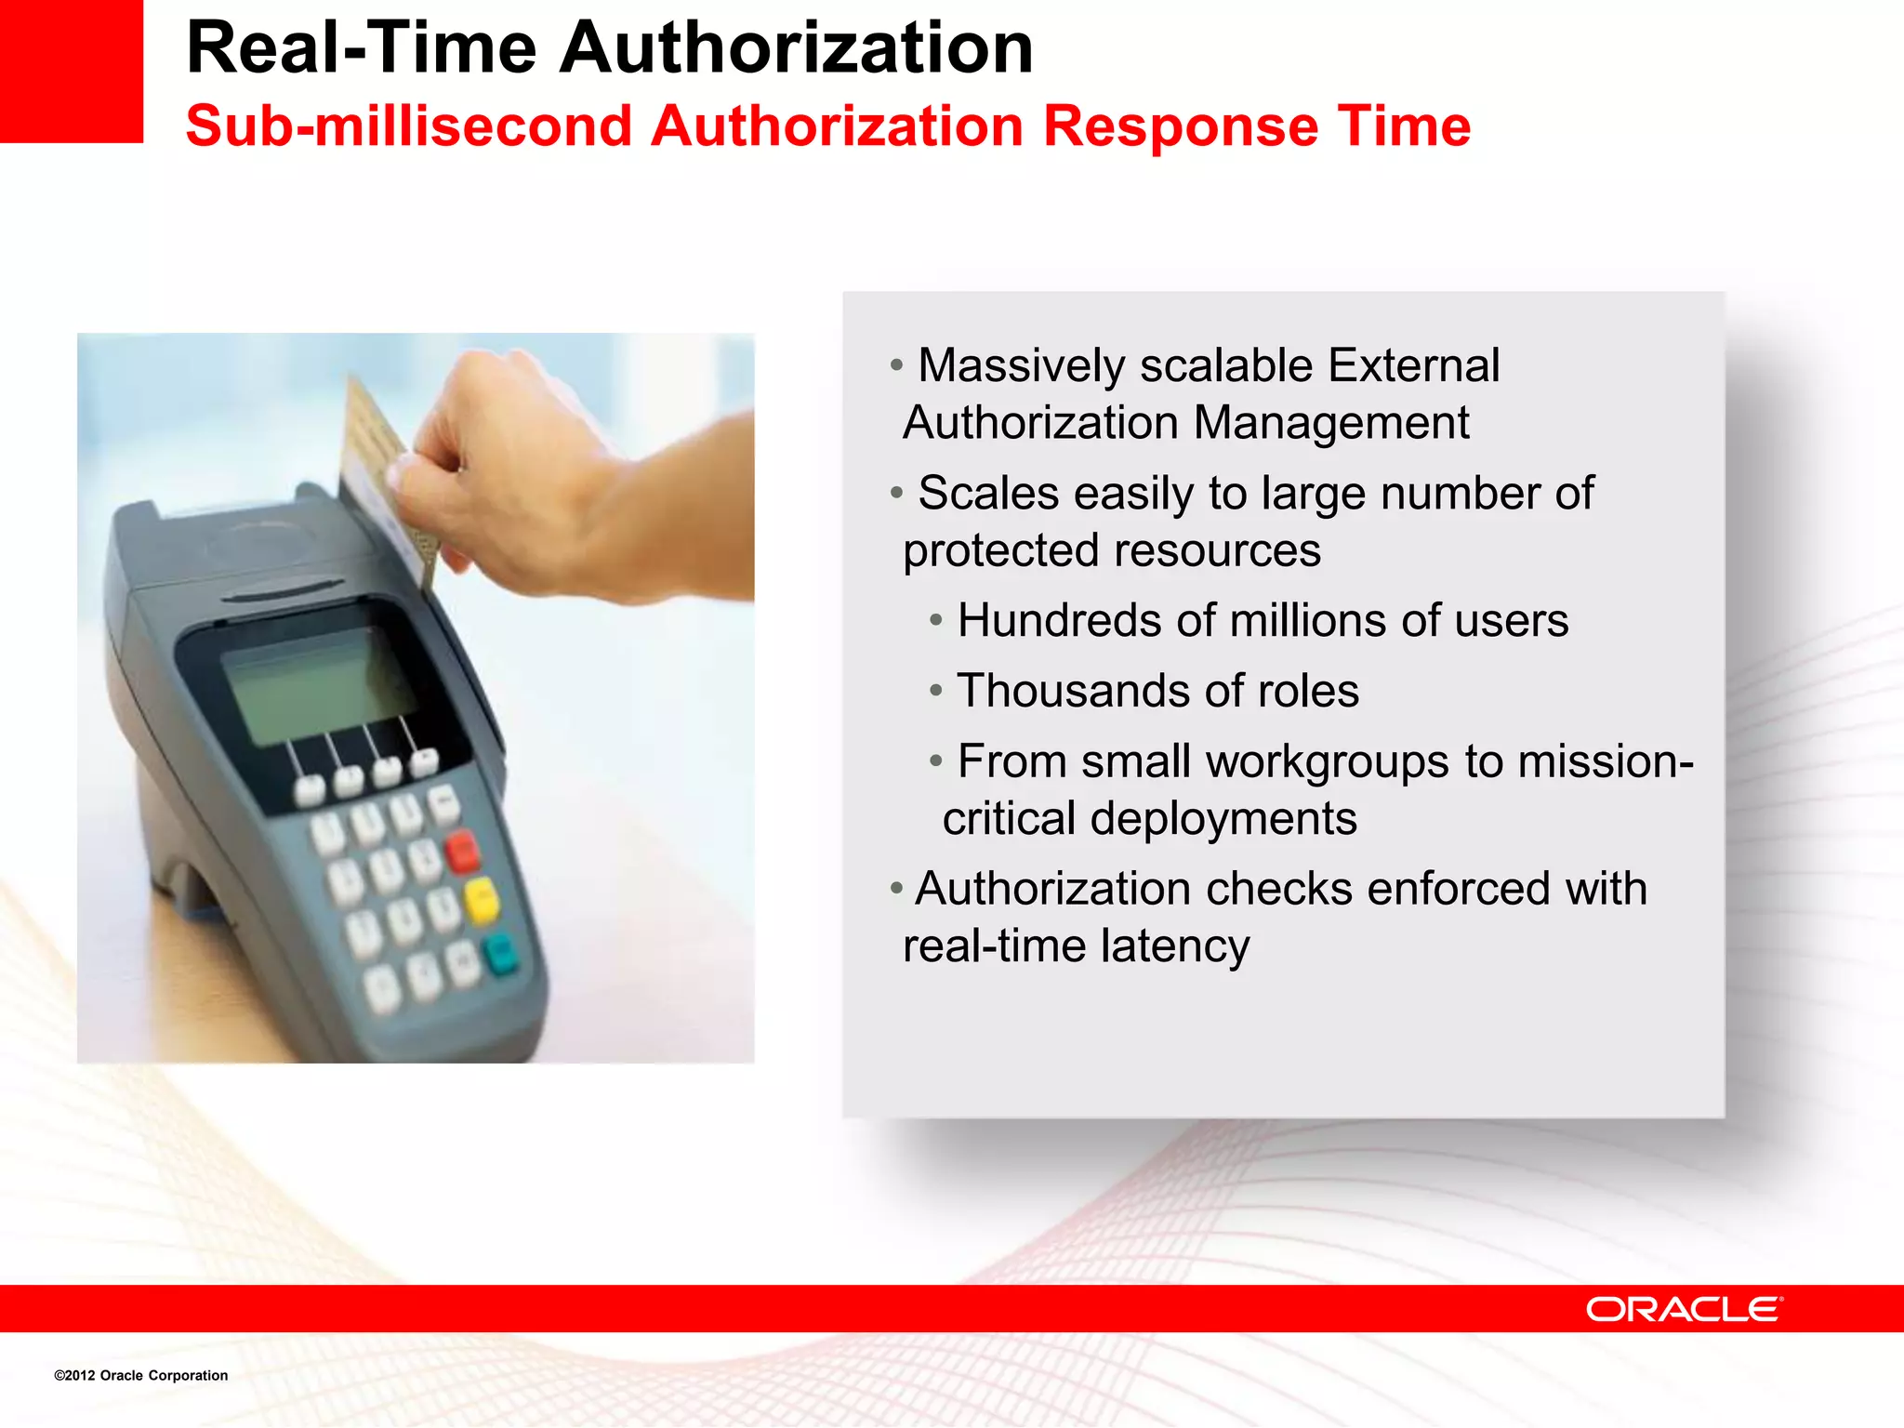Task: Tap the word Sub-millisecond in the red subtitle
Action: click(408, 126)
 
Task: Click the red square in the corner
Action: click(71, 71)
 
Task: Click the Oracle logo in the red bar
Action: click(1684, 1309)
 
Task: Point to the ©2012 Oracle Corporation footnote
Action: click(140, 1375)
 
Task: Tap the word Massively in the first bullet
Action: click(1021, 365)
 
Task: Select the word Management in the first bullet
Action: click(1330, 423)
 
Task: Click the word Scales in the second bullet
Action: click(987, 493)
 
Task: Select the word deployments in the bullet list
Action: click(1223, 819)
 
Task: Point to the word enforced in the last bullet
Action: click(1458, 889)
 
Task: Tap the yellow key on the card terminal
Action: click(482, 901)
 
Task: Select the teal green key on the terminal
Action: click(500, 955)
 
